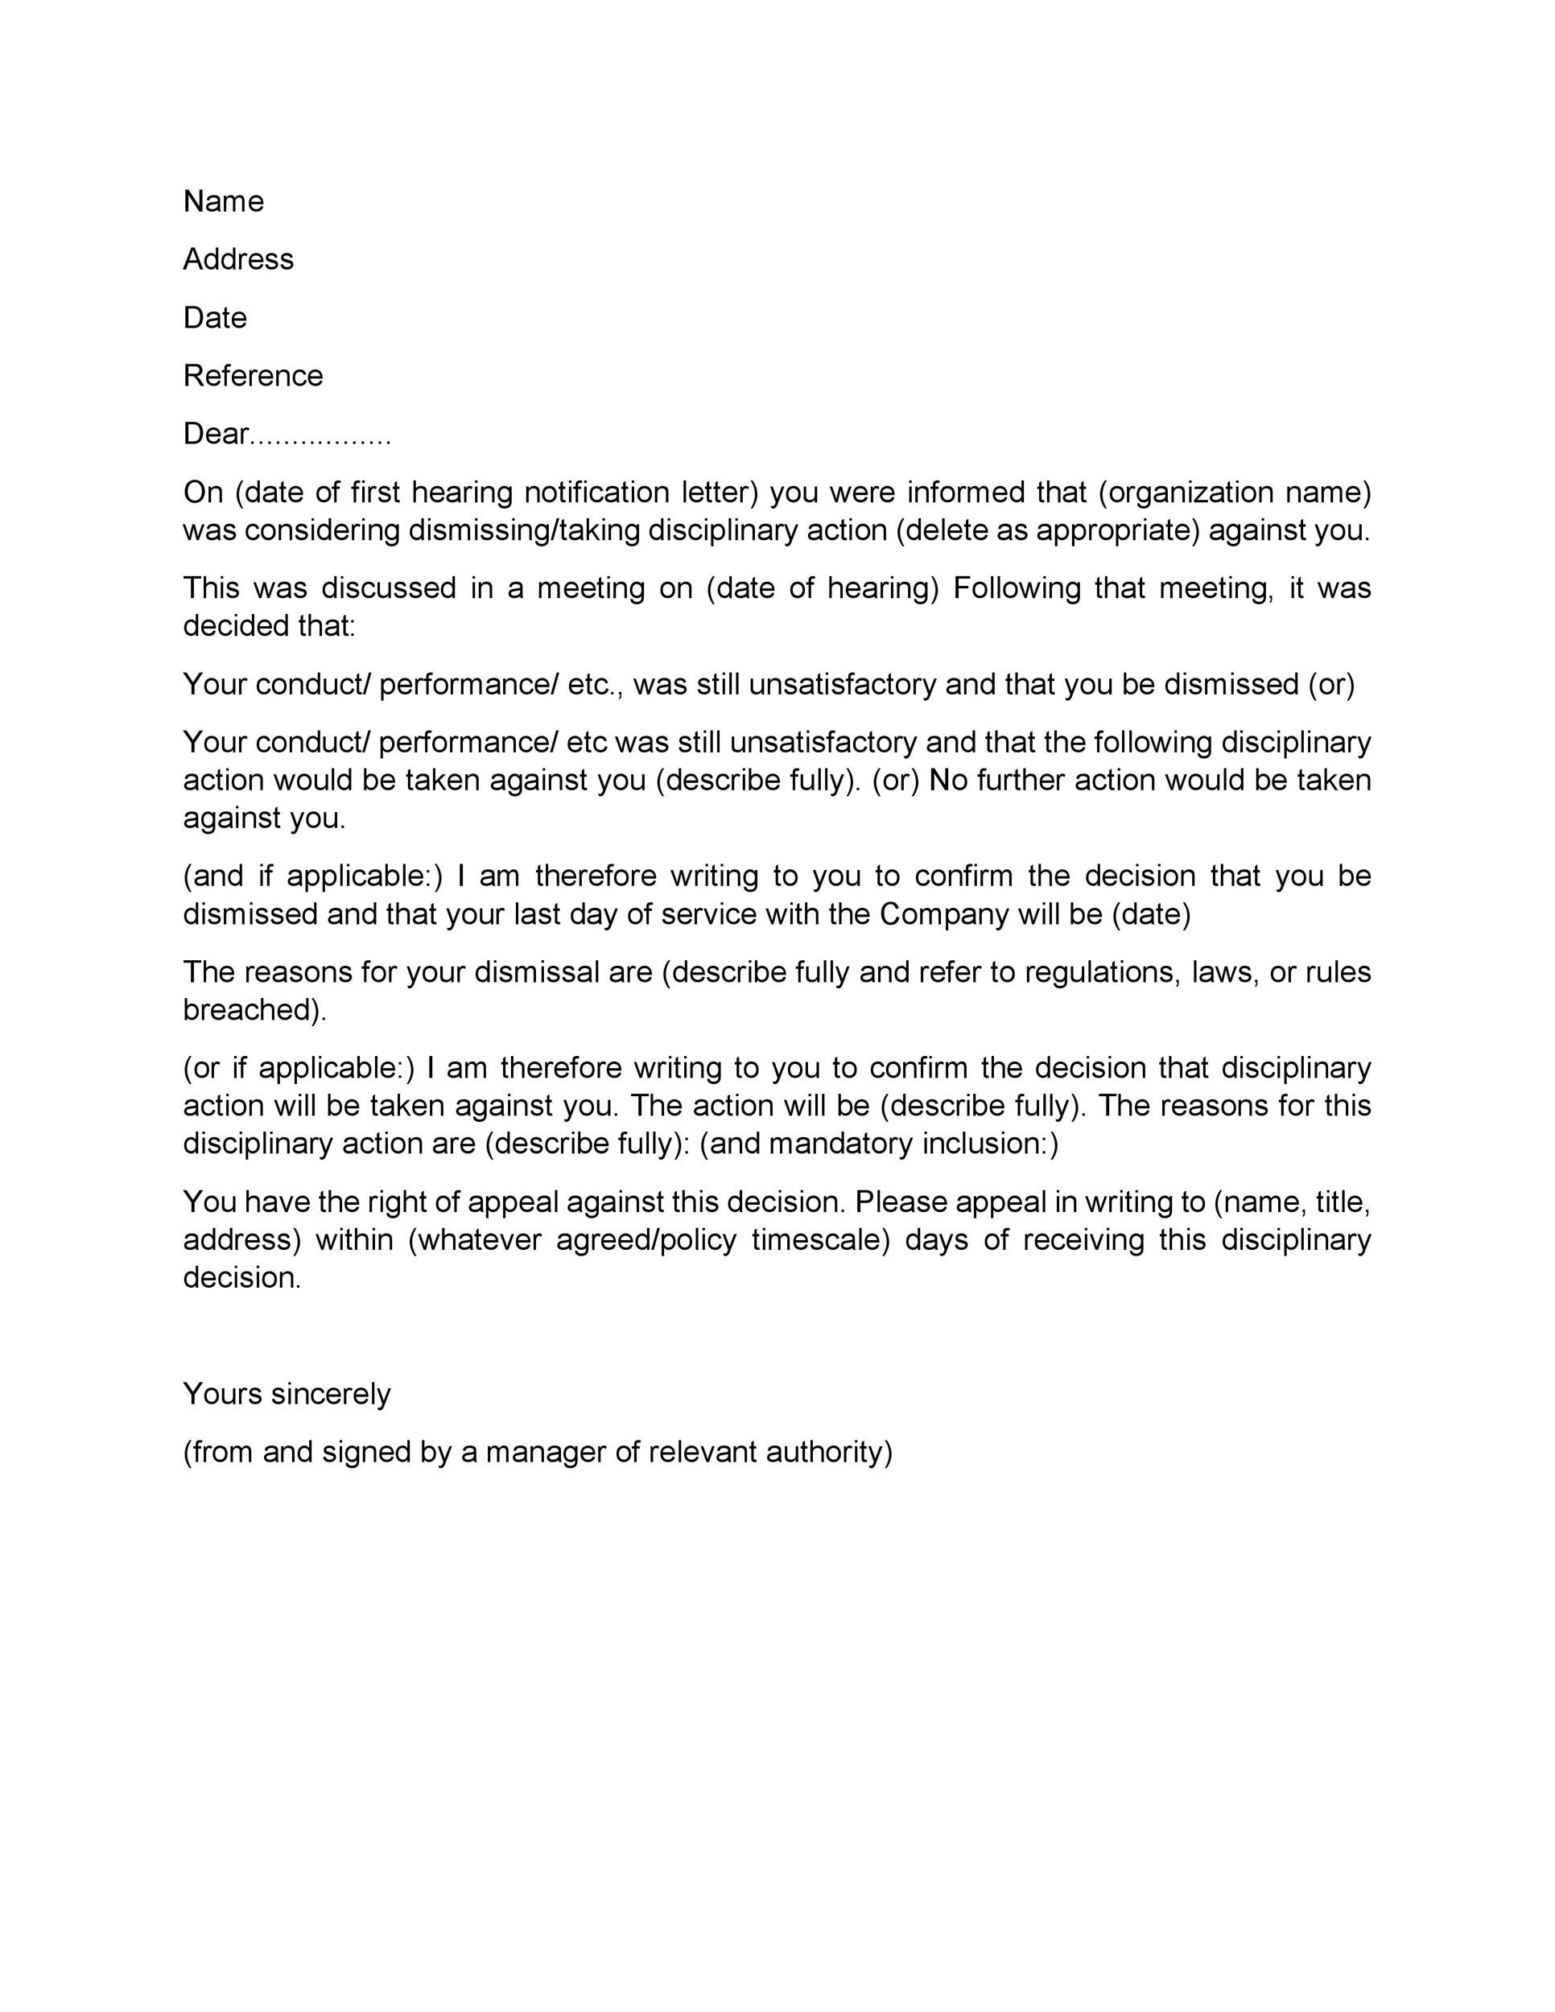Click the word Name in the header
(223, 201)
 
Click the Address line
(237, 259)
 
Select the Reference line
(253, 376)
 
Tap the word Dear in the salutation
(215, 434)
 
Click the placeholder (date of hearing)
(823, 588)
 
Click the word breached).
(254, 1010)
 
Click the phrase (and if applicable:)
(313, 876)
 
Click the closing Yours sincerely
(287, 1394)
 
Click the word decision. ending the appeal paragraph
(241, 1278)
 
